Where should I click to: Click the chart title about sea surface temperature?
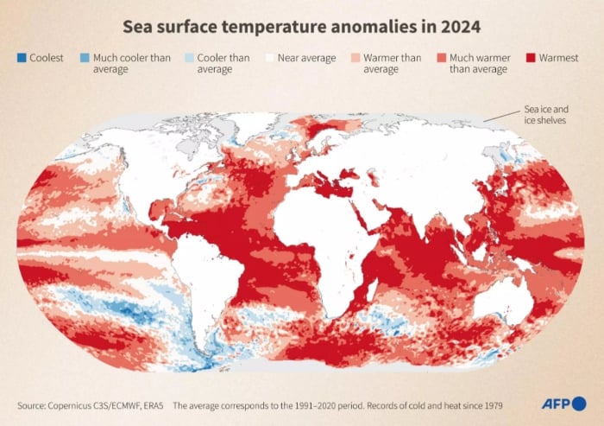301,28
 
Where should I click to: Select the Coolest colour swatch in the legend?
21,58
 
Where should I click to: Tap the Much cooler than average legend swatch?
85,58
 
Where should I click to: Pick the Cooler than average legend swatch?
189,58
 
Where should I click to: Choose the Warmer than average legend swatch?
355,58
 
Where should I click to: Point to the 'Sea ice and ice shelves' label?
545,115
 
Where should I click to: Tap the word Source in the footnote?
32,404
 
